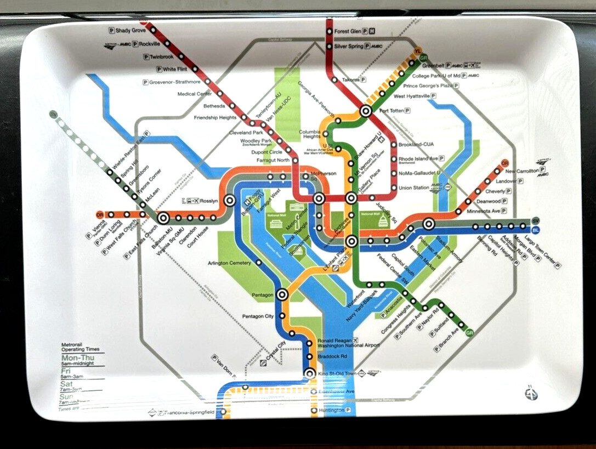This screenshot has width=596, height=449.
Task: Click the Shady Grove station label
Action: point(131,31)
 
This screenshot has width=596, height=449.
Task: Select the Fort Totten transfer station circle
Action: point(366,111)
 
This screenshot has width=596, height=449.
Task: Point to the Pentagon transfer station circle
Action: point(282,295)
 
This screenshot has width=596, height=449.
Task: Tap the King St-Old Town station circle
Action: point(309,374)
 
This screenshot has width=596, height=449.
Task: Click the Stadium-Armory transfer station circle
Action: point(429,224)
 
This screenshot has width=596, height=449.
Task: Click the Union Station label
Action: point(413,188)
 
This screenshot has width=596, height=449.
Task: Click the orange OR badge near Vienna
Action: point(100,214)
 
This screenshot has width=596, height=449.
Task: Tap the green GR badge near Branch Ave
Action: point(470,332)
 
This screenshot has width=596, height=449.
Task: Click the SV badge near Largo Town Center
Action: point(536,220)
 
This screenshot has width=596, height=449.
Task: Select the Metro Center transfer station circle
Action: point(319,198)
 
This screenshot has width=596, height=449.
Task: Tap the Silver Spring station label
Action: point(348,47)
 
